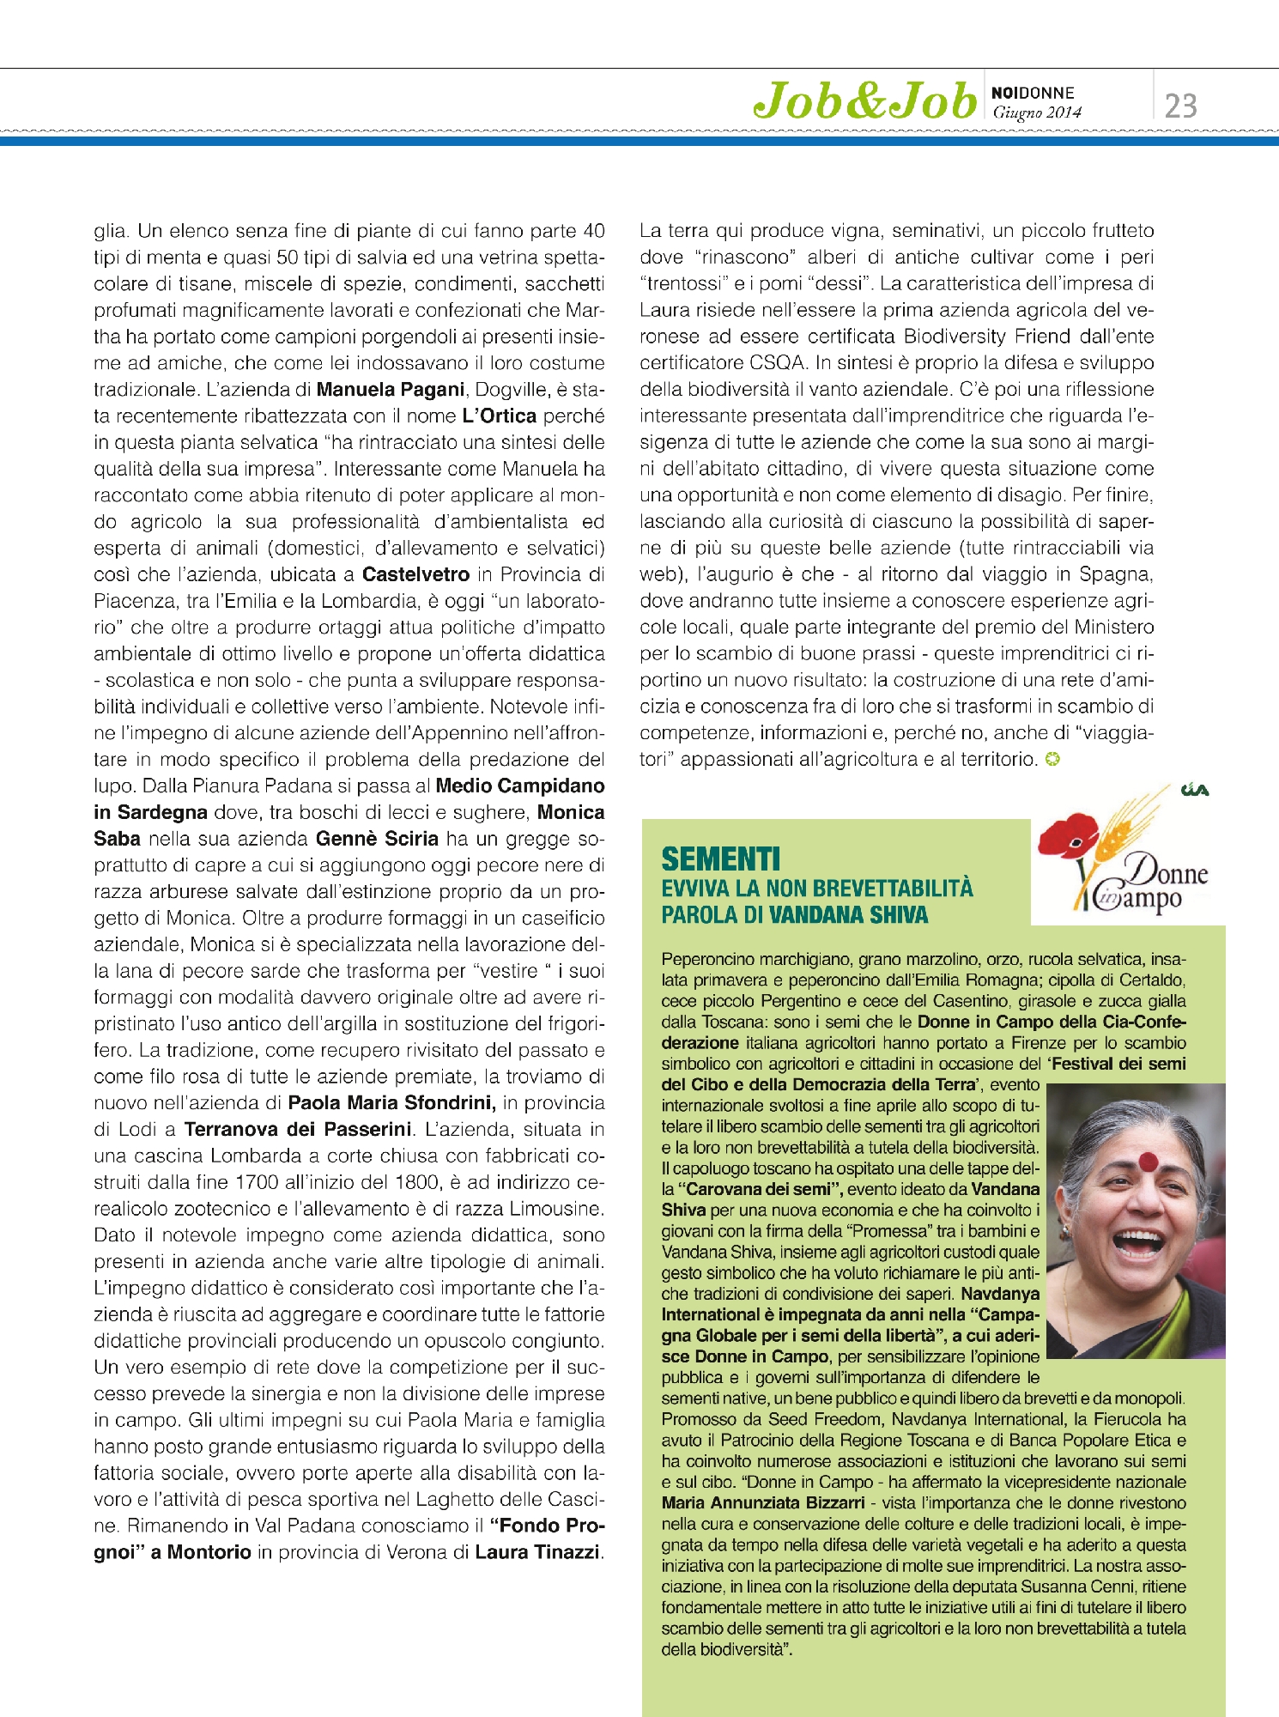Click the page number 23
tap(1180, 106)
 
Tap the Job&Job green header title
tap(864, 101)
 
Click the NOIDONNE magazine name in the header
tap(1033, 93)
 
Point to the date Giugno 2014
tap(1037, 112)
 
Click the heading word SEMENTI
tap(720, 859)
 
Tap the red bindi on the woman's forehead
tap(1149, 1162)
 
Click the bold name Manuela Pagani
tap(391, 390)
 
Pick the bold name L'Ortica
tap(499, 416)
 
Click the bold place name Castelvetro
tap(415, 574)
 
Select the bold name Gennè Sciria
tap(377, 839)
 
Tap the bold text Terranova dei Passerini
tap(298, 1130)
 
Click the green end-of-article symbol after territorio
tap(1052, 759)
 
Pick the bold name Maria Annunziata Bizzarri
tap(763, 1502)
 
